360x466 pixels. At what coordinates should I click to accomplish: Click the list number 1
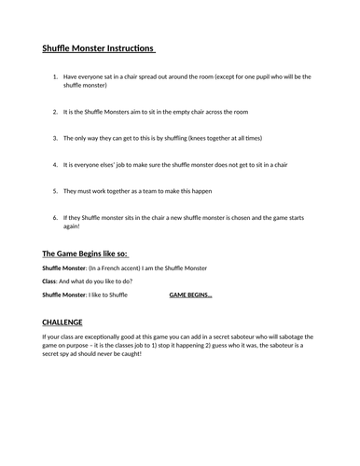click(x=57, y=78)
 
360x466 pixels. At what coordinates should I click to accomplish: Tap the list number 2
click(x=57, y=112)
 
